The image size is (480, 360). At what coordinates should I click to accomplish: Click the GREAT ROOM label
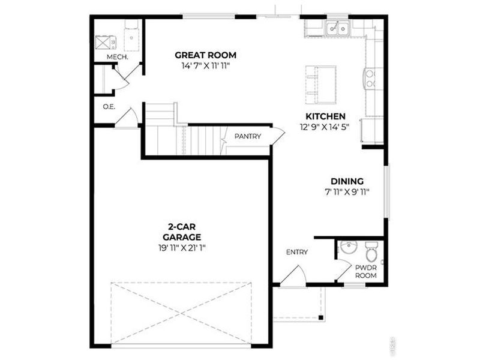point(206,55)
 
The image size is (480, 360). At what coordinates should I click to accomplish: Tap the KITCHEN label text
point(325,116)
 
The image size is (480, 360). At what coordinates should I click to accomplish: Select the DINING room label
point(347,181)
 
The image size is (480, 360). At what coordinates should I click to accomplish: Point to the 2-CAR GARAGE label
point(179,232)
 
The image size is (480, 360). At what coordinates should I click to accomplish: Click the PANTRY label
point(248,136)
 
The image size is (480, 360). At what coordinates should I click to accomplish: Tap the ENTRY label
point(296,252)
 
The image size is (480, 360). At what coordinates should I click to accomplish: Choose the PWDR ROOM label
point(365,271)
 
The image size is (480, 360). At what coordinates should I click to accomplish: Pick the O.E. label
point(109,107)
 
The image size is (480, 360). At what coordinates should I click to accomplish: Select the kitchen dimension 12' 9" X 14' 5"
point(325,127)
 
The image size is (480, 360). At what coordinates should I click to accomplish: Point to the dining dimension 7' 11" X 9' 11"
point(347,192)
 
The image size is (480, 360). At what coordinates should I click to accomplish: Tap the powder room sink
point(347,247)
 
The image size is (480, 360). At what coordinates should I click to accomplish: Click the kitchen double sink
point(338,28)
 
